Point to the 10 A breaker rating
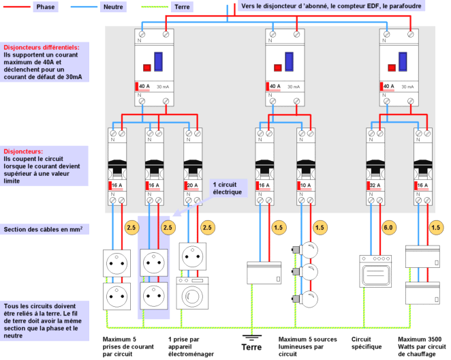click(305, 185)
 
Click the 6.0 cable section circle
click(369, 227)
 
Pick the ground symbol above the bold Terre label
click(252, 335)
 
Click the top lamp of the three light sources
click(311, 250)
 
